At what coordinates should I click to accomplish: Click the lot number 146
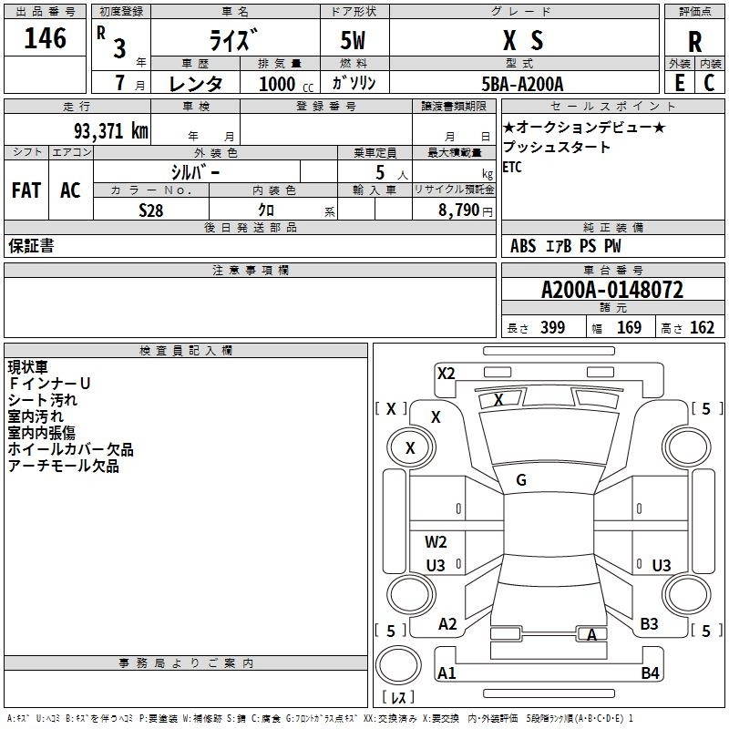pos(45,38)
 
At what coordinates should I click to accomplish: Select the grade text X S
pos(523,40)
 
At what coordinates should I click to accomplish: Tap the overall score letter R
pos(694,42)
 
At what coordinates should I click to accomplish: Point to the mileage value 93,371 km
pos(110,131)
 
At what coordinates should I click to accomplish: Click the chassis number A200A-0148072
pos(612,290)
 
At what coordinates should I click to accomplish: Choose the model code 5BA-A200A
pos(522,84)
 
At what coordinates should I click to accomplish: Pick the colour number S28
pos(151,210)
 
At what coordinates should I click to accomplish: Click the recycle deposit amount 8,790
pos(458,210)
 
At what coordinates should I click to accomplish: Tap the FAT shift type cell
pos(26,190)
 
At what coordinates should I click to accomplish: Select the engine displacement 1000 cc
pos(286,84)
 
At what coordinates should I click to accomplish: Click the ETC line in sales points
pos(512,167)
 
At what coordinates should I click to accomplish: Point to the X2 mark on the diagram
pos(446,374)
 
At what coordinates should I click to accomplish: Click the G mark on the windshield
pos(521,480)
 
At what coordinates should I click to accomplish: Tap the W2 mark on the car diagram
pos(436,541)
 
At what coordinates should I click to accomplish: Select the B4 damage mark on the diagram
pos(650,673)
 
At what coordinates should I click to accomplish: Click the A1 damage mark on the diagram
pos(447,673)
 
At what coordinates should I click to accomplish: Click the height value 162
pos(702,327)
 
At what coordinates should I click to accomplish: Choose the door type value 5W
pos(353,40)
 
